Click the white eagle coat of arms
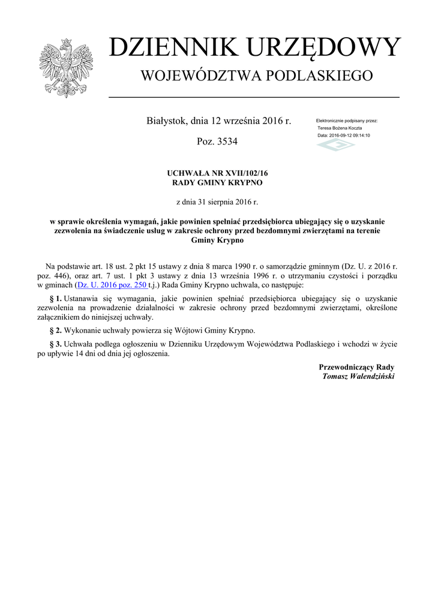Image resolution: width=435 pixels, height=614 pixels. click(x=66, y=67)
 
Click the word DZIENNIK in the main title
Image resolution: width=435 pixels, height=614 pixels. click(x=169, y=48)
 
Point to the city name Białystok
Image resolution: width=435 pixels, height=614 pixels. click(x=166, y=121)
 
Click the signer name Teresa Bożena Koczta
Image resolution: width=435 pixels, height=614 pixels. click(x=340, y=128)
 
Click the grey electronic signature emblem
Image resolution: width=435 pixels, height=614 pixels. click(x=336, y=145)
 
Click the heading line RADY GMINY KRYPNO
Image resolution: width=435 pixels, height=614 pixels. click(x=217, y=182)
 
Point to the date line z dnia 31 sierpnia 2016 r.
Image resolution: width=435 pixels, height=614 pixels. click(x=217, y=202)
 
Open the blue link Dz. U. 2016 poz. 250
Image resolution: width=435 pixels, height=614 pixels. click(x=112, y=285)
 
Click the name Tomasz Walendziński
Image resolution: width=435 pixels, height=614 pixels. click(x=358, y=377)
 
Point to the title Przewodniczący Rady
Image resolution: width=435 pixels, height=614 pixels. click(x=356, y=366)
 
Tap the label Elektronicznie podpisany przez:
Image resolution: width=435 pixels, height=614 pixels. click(x=347, y=121)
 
